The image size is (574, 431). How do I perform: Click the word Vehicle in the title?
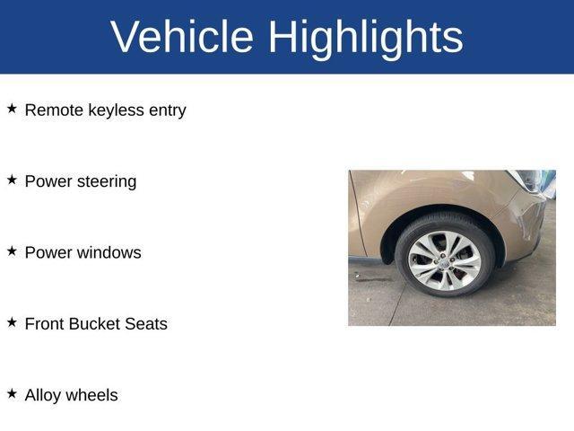(183, 37)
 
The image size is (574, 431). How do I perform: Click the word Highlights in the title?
(365, 37)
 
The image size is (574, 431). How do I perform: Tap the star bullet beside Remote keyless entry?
(13, 109)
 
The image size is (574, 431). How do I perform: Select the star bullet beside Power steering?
(13, 180)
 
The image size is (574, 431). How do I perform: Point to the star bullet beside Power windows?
(13, 251)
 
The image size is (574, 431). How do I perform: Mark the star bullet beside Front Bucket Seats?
(13, 322)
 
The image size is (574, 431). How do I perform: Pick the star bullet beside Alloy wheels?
(13, 393)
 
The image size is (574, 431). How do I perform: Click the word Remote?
(54, 110)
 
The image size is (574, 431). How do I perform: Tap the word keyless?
(116, 110)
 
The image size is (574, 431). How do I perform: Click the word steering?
(106, 181)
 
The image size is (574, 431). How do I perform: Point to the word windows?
(108, 252)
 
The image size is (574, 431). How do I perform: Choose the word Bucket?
(96, 324)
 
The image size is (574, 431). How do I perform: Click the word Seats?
(146, 324)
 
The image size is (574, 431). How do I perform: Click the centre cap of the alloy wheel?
(444, 260)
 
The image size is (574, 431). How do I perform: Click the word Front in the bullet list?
(45, 324)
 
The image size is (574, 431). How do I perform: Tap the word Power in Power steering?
(47, 181)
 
